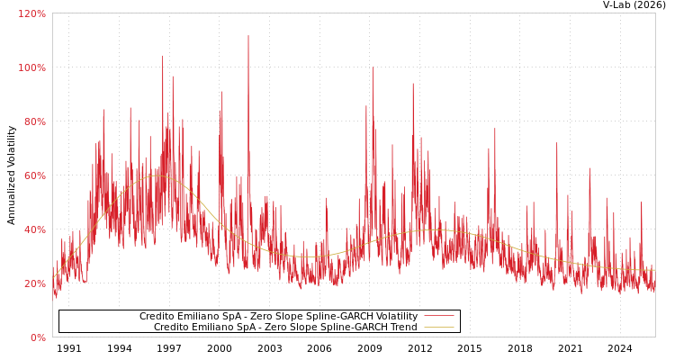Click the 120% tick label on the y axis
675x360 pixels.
click(x=31, y=14)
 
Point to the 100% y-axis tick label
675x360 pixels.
click(x=31, y=68)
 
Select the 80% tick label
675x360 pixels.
click(x=33, y=122)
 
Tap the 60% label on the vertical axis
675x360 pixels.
click(x=33, y=176)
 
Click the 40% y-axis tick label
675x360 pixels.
click(x=33, y=230)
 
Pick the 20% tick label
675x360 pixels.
click(x=33, y=284)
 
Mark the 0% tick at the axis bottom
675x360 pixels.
click(x=37, y=338)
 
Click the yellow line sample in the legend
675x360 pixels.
click(x=438, y=328)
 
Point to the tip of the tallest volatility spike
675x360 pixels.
click(x=248, y=36)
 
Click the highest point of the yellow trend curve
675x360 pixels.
click(x=156, y=175)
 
